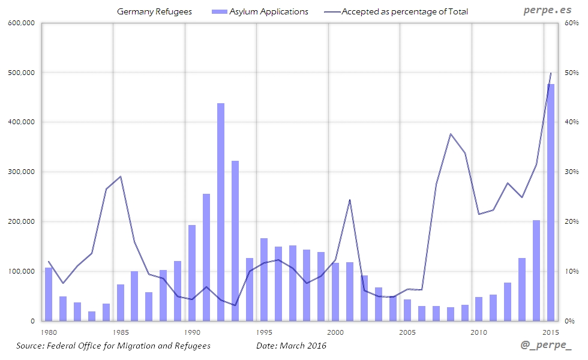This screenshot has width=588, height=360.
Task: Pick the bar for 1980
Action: point(49,294)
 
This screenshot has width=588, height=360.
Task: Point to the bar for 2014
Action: point(536,271)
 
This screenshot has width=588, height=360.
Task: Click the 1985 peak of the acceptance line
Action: point(120,176)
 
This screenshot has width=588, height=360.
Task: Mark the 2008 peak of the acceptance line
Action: point(450,134)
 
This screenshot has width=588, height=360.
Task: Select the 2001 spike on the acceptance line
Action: point(350,200)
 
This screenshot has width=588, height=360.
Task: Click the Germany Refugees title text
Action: point(154,11)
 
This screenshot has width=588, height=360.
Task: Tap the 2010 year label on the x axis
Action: point(479,332)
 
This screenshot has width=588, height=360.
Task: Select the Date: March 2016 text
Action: point(292,346)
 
